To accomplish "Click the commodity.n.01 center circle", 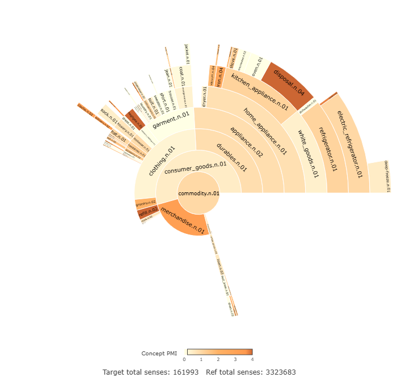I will pos(198,194).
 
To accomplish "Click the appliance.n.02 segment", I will pos(247,142).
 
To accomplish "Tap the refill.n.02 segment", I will pos(147,213).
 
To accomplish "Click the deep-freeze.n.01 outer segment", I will pos(379,177).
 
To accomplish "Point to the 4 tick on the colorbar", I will pos(252,359).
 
